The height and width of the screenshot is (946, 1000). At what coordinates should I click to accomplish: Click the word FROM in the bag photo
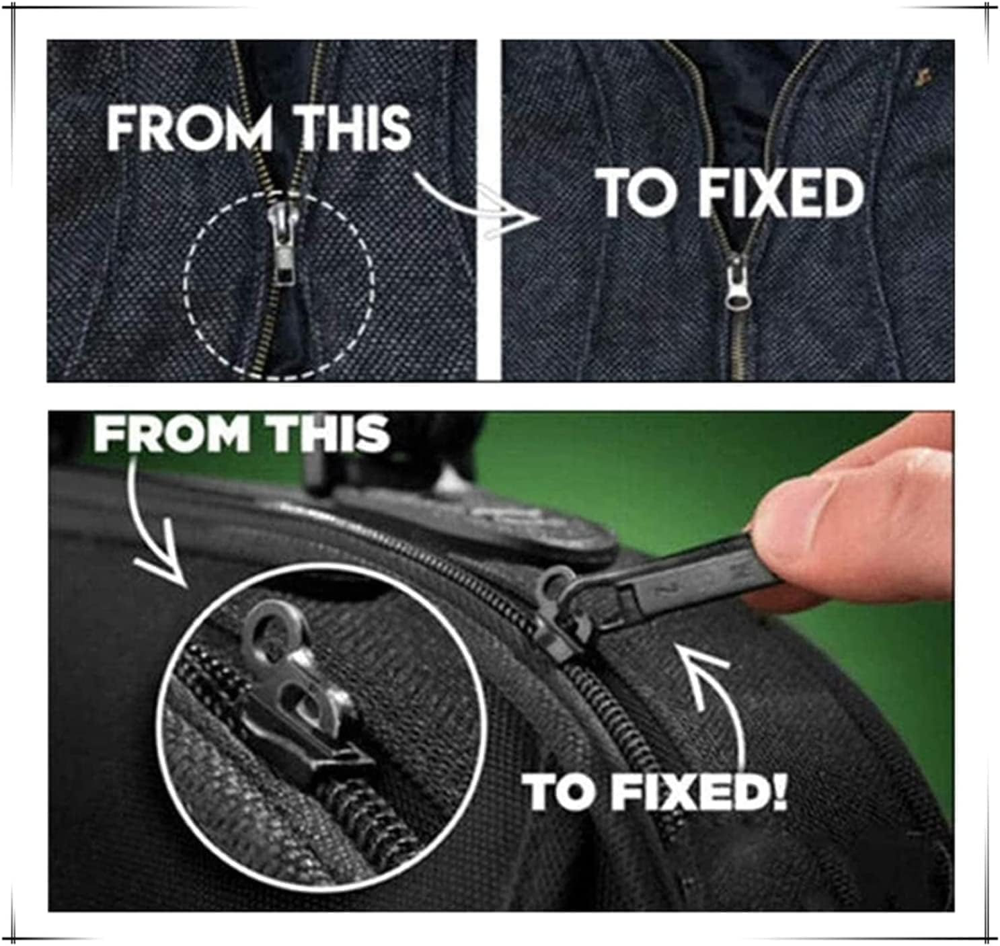point(172,434)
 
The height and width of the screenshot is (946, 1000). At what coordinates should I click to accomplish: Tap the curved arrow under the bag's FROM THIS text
point(155,531)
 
